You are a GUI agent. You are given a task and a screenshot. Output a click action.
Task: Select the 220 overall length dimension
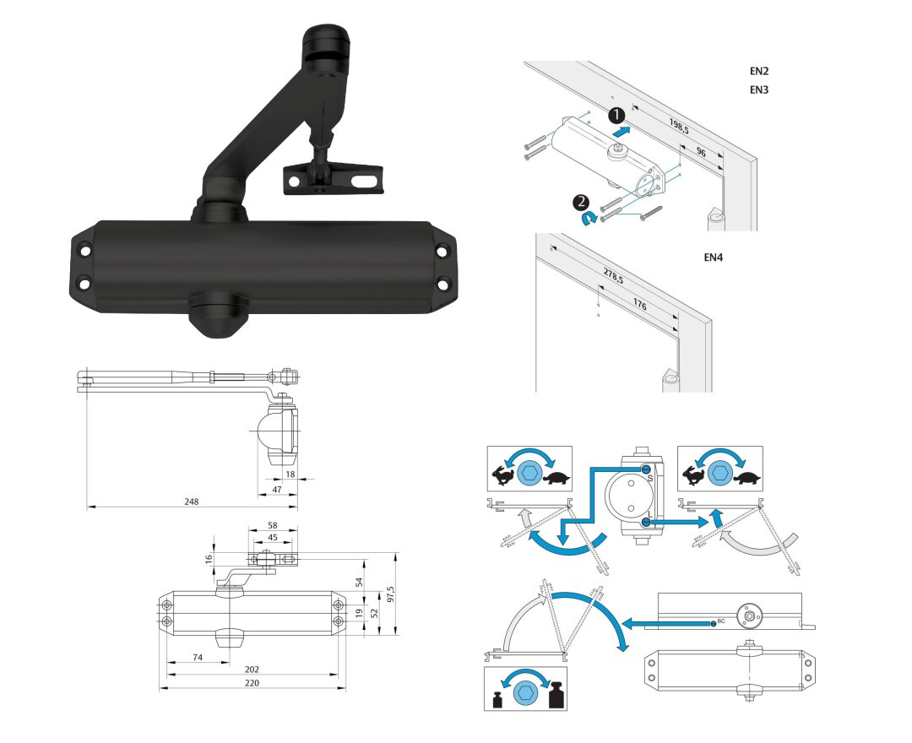[252, 682]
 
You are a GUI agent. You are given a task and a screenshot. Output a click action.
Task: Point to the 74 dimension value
[197, 656]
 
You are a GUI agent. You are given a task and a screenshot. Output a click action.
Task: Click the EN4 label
[714, 258]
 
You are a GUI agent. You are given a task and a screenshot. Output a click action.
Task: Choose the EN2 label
[759, 72]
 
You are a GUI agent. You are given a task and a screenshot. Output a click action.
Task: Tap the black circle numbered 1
[618, 114]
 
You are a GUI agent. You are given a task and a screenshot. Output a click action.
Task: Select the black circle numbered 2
[581, 202]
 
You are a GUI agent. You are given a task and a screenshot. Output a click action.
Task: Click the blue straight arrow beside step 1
[621, 131]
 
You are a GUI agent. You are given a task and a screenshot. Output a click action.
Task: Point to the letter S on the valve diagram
[650, 479]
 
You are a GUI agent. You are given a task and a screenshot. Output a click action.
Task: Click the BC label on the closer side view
[720, 622]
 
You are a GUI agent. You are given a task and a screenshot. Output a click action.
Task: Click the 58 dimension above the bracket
[273, 524]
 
